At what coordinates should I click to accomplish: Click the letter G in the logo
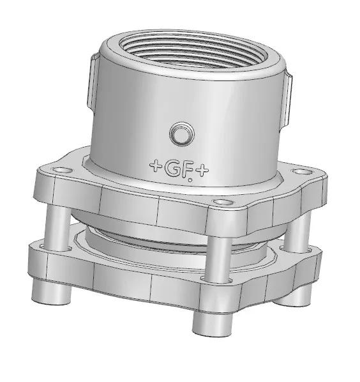[x=172, y=169]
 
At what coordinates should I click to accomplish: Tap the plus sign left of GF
[x=156, y=165]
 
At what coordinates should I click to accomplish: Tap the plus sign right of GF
[x=202, y=171]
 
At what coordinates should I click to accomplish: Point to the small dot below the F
[x=190, y=180]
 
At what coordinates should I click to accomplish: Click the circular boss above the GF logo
[x=182, y=134]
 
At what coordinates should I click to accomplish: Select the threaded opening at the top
[x=193, y=51]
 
